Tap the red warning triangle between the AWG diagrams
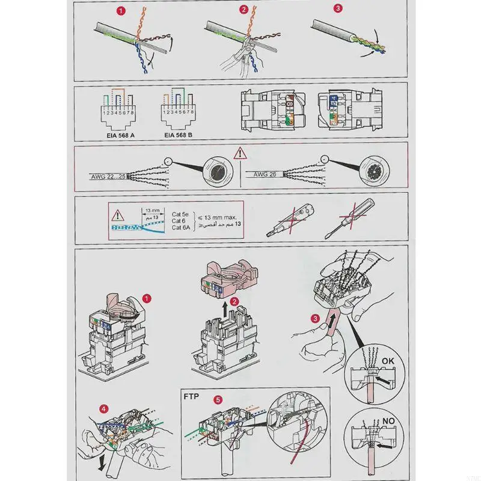pos(240,153)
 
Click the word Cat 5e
pos(181,214)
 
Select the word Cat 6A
pos(180,231)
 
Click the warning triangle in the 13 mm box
pos(118,213)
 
